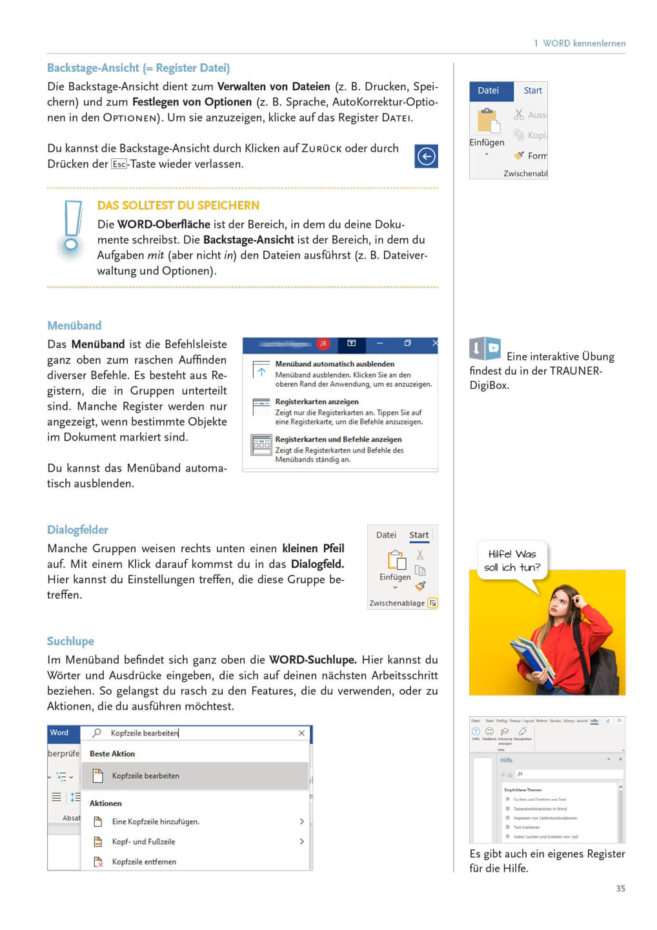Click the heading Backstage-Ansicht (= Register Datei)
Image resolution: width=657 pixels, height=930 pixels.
click(x=138, y=68)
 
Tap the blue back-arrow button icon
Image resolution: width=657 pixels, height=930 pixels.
click(x=426, y=156)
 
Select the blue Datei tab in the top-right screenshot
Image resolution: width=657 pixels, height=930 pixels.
click(x=489, y=91)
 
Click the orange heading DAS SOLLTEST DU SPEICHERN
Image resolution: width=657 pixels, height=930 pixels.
click(x=178, y=205)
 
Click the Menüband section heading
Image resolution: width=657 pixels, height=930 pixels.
click(x=74, y=325)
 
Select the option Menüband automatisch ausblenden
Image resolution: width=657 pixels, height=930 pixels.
click(x=334, y=364)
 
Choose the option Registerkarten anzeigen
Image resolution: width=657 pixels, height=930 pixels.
click(x=316, y=402)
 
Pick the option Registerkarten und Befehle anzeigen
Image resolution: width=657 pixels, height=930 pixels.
click(x=338, y=439)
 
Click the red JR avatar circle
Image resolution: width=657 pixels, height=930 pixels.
click(x=323, y=344)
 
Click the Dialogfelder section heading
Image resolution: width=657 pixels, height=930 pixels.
click(x=77, y=530)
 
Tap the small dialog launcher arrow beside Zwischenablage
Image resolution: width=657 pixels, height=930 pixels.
click(x=432, y=603)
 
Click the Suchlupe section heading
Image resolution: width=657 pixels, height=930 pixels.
click(x=70, y=641)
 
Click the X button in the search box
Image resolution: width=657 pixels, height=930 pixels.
click(x=301, y=733)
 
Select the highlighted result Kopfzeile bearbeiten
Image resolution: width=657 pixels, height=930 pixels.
click(x=146, y=776)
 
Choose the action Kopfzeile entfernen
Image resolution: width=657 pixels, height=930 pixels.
click(x=144, y=862)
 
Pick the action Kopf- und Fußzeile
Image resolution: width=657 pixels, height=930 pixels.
click(x=143, y=842)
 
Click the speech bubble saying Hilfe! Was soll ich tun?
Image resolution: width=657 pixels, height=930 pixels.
click(x=512, y=561)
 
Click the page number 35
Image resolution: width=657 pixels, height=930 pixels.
click(x=620, y=889)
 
